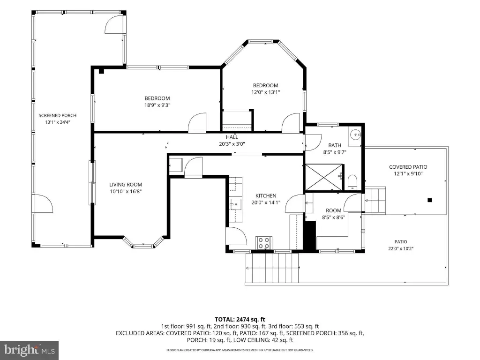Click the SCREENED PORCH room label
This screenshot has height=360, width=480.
click(58, 115)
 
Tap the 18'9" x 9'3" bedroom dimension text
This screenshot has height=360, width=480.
click(157, 105)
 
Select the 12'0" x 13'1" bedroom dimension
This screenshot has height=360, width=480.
click(266, 92)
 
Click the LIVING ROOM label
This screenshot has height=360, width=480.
click(126, 185)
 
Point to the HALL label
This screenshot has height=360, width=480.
click(232, 137)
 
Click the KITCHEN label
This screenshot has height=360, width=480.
click(266, 195)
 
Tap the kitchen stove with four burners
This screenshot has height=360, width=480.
click(264, 243)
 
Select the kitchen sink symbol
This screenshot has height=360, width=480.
click(236, 204)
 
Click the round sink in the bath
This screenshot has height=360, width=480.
click(355, 135)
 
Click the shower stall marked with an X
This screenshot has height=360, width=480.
click(323, 178)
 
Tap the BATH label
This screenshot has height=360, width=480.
click(335, 145)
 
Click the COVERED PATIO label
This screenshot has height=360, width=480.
click(408, 167)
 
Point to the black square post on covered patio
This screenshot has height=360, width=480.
click(429, 200)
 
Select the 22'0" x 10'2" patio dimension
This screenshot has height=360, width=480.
click(401, 248)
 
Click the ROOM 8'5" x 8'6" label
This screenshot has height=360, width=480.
click(333, 214)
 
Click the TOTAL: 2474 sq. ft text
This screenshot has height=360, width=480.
click(240, 320)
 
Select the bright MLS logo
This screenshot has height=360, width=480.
click(30, 350)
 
